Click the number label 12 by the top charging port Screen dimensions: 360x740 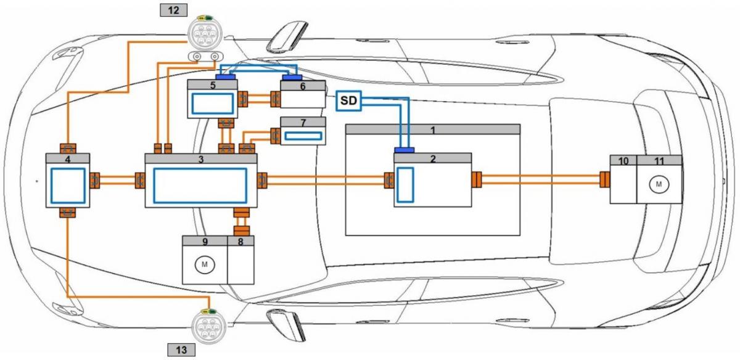(173, 10)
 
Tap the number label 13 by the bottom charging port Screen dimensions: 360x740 (182, 350)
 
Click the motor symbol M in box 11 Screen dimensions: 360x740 (659, 184)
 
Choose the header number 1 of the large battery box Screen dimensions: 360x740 (432, 130)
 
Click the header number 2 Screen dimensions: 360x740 (432, 158)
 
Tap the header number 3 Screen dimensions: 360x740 (200, 159)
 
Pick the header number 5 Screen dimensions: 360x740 (212, 86)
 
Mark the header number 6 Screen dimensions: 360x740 (303, 86)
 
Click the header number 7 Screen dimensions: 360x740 (303, 123)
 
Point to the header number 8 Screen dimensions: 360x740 (240, 241)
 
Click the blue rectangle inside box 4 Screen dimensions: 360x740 (67, 186)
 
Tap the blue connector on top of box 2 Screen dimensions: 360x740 (404, 150)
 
